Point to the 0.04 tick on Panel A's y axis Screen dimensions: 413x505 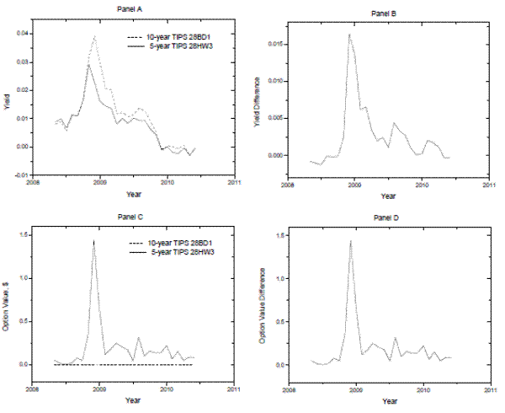click(x=22, y=33)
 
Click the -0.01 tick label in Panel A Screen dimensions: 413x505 click(x=21, y=175)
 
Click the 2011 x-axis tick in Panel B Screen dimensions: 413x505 click(x=491, y=186)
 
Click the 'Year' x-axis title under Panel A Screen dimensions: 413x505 click(x=130, y=190)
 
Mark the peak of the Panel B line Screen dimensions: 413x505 click(x=349, y=35)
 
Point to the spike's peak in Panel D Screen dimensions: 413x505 click(x=349, y=241)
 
